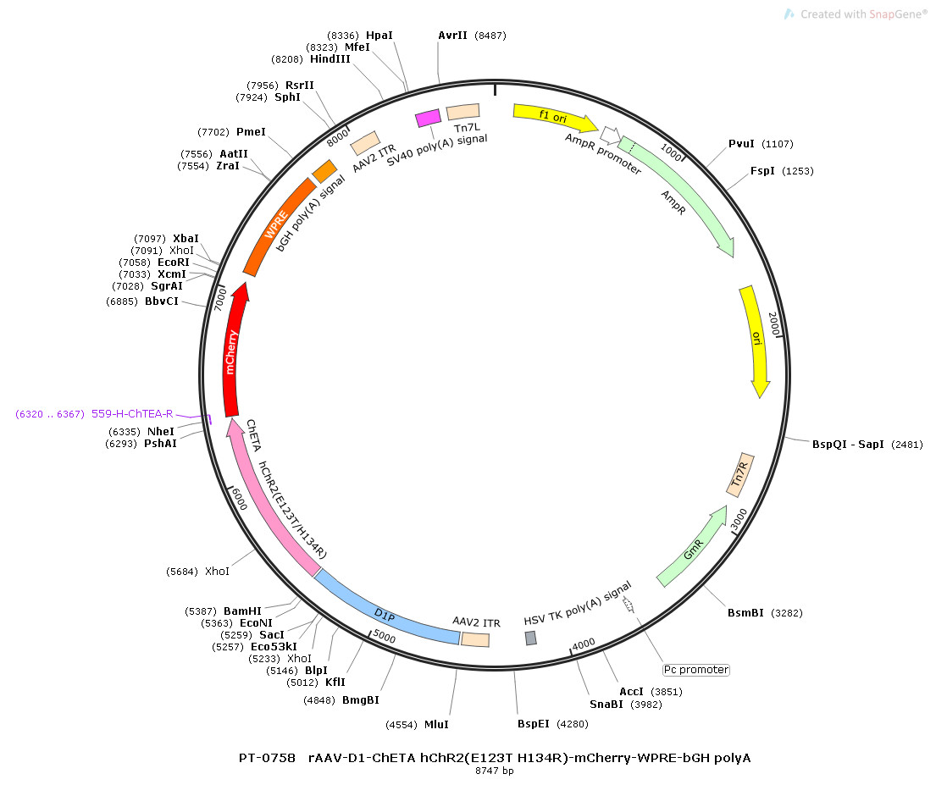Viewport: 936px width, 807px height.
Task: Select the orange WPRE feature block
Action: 276,228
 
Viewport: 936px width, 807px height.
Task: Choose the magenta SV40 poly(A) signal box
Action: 428,119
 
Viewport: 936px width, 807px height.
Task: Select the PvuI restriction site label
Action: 741,144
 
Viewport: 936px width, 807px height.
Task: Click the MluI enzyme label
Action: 436,725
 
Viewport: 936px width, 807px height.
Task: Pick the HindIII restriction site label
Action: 330,59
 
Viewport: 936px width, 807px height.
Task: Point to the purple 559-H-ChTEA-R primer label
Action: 132,414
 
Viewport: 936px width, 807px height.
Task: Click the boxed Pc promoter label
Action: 695,670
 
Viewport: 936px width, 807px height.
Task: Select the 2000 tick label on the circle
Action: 773,324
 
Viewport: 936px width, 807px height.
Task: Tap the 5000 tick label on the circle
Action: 385,636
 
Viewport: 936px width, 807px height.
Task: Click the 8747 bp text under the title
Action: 495,771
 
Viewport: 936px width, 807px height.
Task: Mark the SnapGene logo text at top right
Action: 862,14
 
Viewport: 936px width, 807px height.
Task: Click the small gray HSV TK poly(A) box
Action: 531,638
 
